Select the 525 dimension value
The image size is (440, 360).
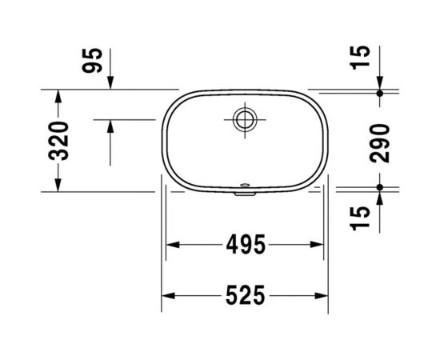tap(244, 296)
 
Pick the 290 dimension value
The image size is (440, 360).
tap(382, 141)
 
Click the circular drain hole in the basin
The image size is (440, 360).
tap(243, 119)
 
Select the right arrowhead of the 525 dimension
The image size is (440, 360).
tap(323, 296)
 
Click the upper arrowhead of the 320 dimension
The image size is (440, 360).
tap(57, 95)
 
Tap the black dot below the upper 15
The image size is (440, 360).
tap(382, 93)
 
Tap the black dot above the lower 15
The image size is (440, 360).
tap(382, 188)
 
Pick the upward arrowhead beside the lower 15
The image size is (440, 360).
tap(382, 195)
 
